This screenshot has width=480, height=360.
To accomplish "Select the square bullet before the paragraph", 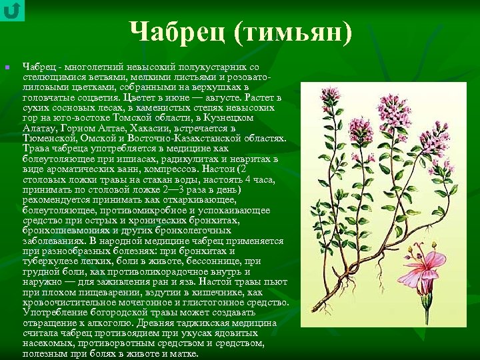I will click(x=6, y=67).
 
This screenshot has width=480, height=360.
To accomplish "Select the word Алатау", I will click(x=39, y=128).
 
